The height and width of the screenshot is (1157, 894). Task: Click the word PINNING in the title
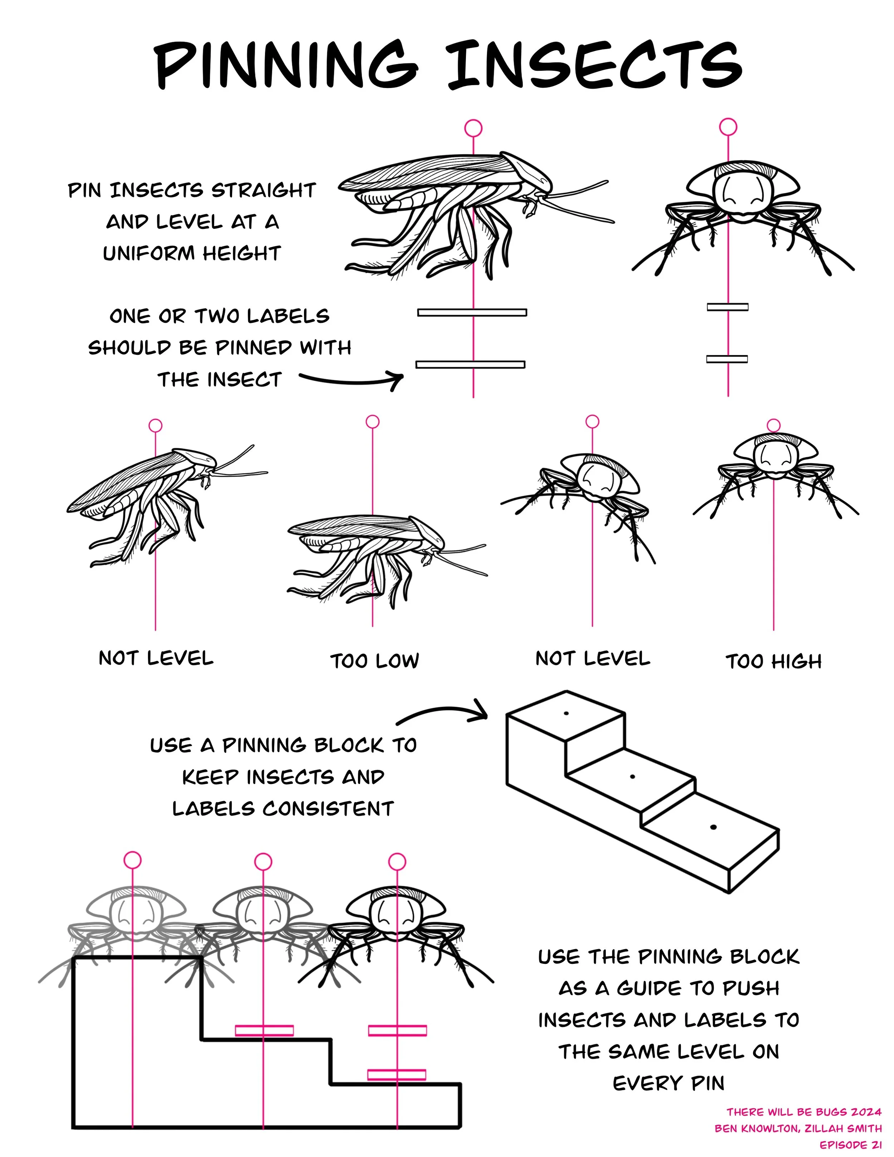coord(286,66)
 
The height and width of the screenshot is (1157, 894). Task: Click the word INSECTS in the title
coord(594,66)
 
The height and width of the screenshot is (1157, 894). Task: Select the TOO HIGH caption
coord(774,661)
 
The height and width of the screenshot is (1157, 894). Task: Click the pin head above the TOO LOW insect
coord(373,422)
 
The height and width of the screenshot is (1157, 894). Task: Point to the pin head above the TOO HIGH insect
coord(774,425)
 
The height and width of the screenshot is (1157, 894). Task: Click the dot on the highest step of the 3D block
coord(566,714)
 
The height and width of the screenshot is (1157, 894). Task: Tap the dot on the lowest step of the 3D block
coord(713,827)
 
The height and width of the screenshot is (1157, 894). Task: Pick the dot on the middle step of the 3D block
coord(632,777)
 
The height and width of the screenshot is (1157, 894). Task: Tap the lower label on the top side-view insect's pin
coord(470,364)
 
